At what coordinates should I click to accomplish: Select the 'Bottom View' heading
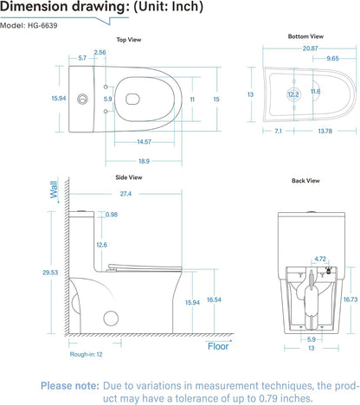pos(305,36)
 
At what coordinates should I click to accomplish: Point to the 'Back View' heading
pos(305,181)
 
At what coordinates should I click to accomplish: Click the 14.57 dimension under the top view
pos(144,141)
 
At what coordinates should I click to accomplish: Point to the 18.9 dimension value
pos(144,161)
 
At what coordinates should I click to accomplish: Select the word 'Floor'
pos(218,346)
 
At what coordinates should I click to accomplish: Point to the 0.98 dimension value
pos(111,215)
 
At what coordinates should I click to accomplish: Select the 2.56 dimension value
pos(100,53)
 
